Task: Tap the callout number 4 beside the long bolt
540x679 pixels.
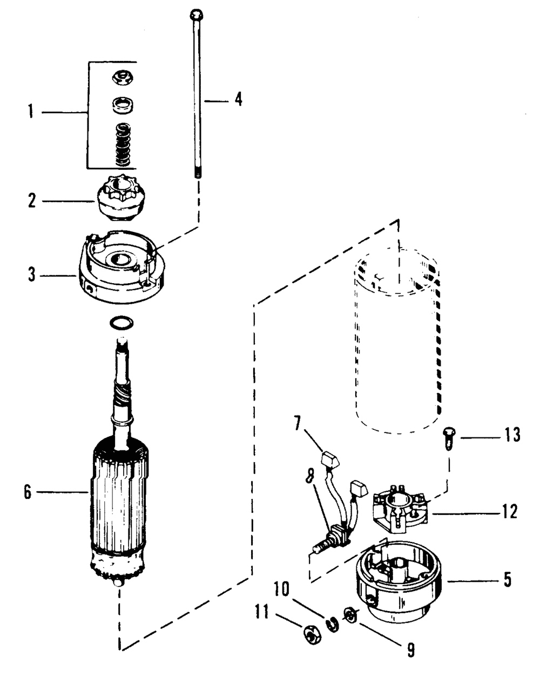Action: coord(238,100)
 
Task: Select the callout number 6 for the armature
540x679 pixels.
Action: coord(28,492)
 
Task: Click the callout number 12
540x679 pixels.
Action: coord(509,511)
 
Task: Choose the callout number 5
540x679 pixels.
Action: coord(507,581)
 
